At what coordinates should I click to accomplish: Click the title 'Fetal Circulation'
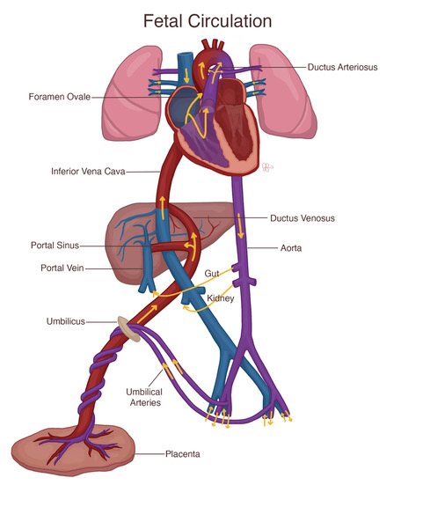[x=208, y=21]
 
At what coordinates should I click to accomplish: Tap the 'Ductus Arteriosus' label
[x=342, y=67]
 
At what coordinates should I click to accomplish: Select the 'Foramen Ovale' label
[x=60, y=97]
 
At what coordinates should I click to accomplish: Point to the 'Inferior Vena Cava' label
[x=88, y=171]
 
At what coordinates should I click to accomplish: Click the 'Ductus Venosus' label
[x=303, y=218]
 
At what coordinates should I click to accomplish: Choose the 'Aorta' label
[x=291, y=248]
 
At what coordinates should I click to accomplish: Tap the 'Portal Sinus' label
[x=55, y=245]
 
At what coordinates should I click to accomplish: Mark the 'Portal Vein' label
[x=62, y=268]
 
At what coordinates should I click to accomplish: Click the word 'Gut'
[x=212, y=274]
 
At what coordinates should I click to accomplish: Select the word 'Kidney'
[x=221, y=298]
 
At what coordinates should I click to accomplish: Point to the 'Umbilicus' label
[x=66, y=321]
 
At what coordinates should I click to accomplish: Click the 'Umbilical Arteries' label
[x=144, y=397]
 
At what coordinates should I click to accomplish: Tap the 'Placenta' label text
[x=183, y=454]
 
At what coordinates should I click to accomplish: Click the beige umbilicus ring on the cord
[x=129, y=329]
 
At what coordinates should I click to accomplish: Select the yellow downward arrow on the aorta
[x=240, y=225]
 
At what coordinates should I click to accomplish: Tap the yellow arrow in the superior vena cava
[x=186, y=76]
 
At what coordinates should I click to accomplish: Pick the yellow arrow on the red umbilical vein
[x=147, y=313]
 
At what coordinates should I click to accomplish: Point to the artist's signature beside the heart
[x=267, y=167]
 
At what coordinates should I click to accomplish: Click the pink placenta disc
[x=73, y=451]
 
